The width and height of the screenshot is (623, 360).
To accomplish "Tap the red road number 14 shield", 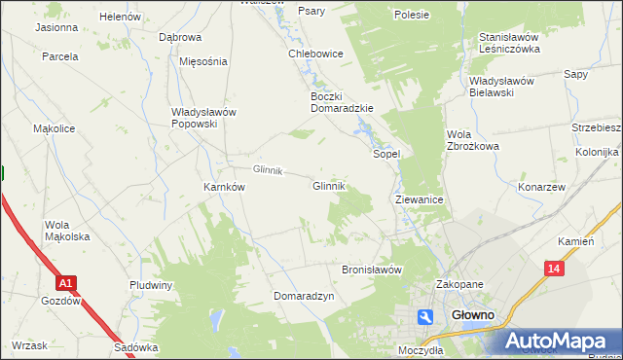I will [554, 269].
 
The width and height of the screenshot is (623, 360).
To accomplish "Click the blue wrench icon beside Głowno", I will [425, 316].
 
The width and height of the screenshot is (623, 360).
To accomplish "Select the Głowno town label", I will [474, 316].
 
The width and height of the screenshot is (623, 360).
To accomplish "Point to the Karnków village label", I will [223, 187].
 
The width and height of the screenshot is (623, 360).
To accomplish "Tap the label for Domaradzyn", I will [304, 296].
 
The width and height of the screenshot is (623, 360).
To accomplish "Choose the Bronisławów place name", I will [371, 270].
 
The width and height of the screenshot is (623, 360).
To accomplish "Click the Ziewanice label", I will [420, 199].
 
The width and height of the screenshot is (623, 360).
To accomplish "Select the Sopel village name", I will [387, 154].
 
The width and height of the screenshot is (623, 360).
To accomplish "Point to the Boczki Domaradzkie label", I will [342, 102].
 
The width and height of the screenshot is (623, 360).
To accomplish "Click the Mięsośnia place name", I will [203, 61].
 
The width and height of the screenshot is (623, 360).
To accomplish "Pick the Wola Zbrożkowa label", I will [472, 140].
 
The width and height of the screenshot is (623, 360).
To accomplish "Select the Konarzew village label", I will [542, 187].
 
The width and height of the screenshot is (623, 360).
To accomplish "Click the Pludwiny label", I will [151, 285].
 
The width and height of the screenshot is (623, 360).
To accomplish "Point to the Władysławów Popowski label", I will [203, 118].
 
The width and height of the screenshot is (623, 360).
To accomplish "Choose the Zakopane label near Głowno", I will [459, 285].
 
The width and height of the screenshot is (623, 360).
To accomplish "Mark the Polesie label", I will [412, 15].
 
